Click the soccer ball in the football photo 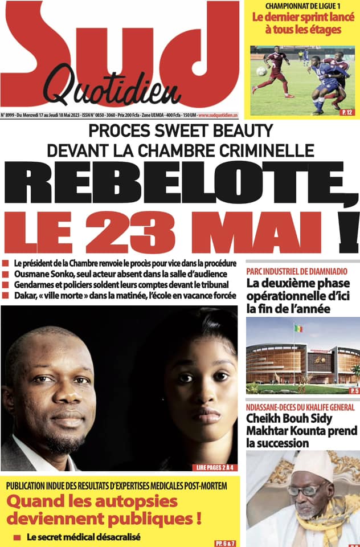(x=261, y=71)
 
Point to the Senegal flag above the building (x=298, y=329)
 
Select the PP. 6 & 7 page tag (x=226, y=541)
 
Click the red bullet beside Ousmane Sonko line (x=5, y=274)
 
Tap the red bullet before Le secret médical (x=17, y=537)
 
